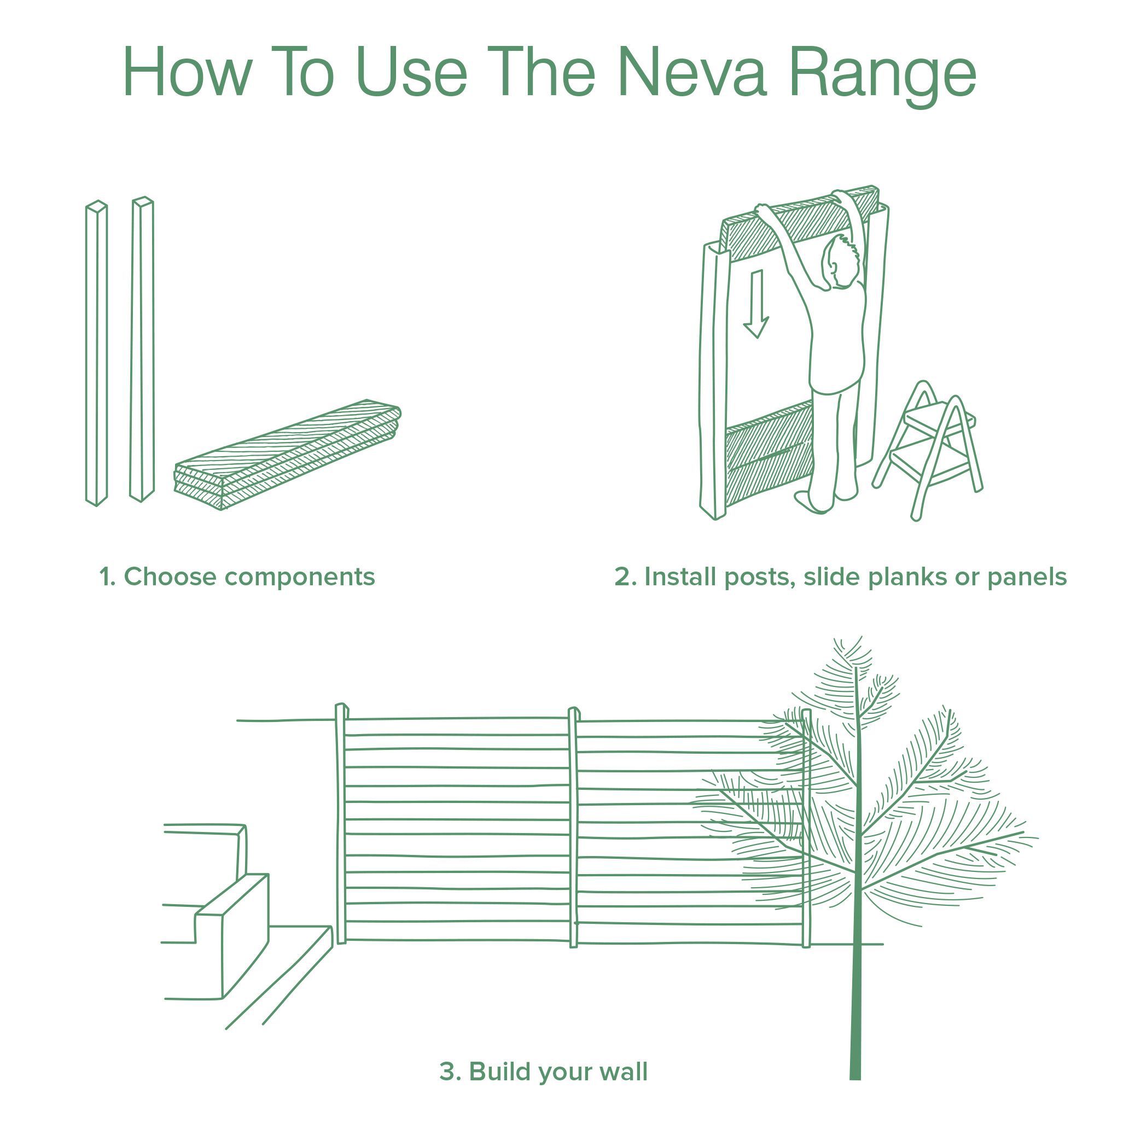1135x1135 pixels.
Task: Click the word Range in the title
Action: pyautogui.click(x=882, y=73)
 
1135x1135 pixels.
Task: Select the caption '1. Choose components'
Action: pyautogui.click(x=237, y=577)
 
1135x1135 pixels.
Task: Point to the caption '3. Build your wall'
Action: pyautogui.click(x=543, y=1072)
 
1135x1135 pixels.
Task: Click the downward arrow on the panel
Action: pyautogui.click(x=756, y=303)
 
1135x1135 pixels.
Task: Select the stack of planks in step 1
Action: pyautogui.click(x=288, y=455)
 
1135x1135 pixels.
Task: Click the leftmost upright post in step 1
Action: pyautogui.click(x=96, y=352)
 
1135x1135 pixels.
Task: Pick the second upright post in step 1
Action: pyautogui.click(x=142, y=349)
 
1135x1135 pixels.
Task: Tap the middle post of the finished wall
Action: pyautogui.click(x=573, y=828)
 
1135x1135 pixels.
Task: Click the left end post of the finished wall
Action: pyautogui.click(x=341, y=823)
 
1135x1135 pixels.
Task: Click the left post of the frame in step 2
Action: pyautogui.click(x=713, y=382)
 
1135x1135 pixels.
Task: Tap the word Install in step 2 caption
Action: pyautogui.click(x=682, y=577)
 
